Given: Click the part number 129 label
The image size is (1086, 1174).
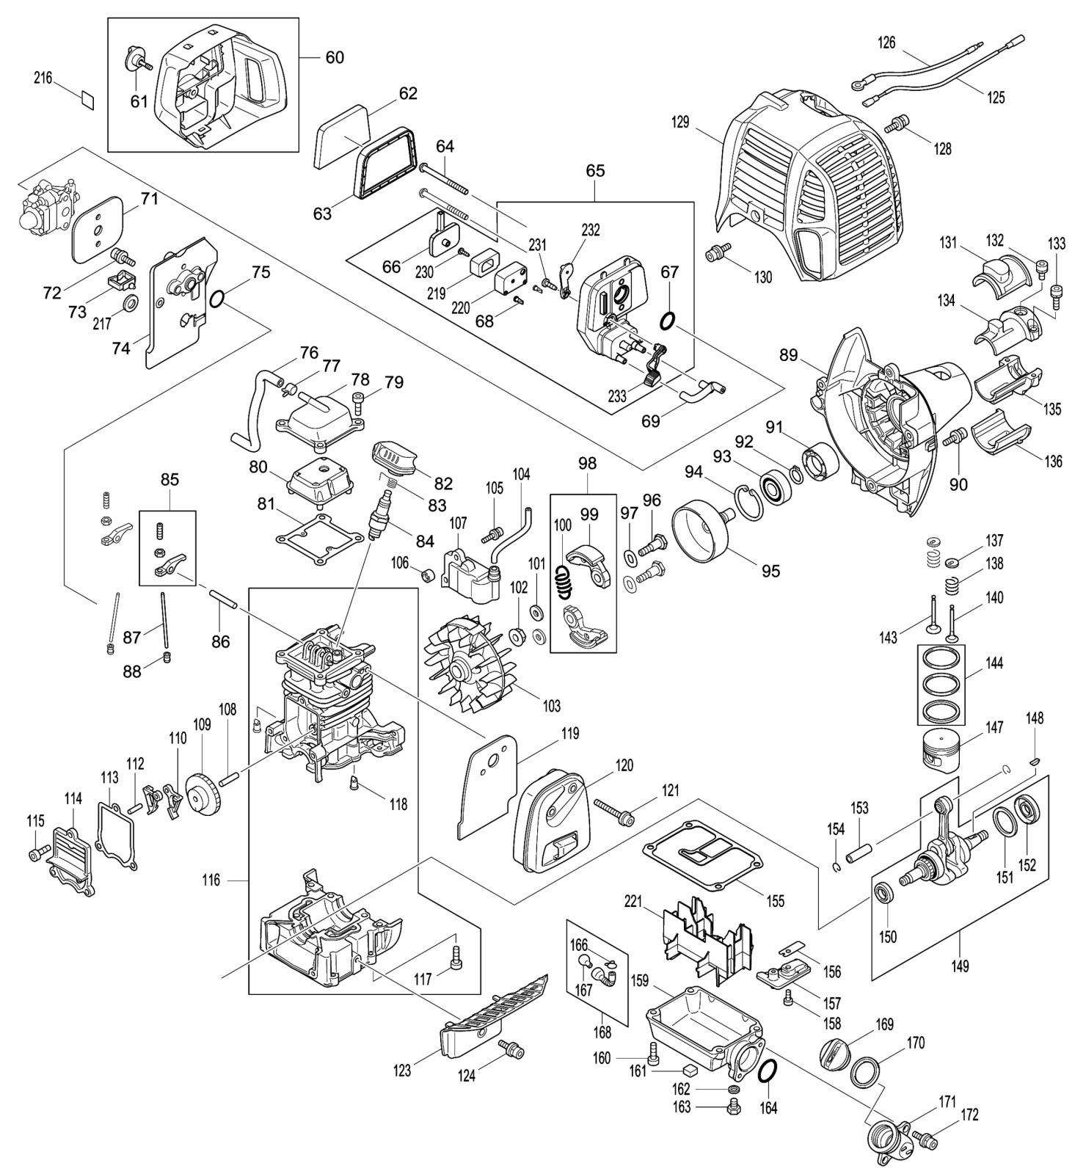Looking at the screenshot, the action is point(680,122).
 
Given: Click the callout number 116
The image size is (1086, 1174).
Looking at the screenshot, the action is point(211,880).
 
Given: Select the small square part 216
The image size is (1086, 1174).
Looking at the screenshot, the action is point(87,100).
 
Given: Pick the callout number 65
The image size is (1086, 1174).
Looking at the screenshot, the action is point(595,170).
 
